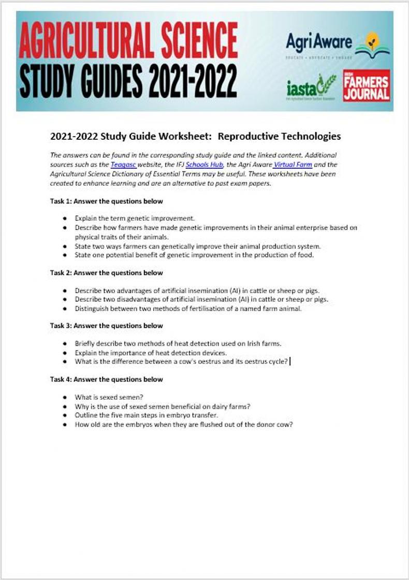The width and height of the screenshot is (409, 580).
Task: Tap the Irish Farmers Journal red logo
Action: [x=366, y=85]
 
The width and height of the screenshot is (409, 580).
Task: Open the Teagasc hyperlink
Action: [x=124, y=164]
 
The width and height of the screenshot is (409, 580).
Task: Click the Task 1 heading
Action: [x=106, y=201]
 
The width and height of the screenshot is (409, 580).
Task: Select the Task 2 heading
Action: [x=106, y=272]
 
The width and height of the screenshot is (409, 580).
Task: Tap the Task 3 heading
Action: [x=106, y=326]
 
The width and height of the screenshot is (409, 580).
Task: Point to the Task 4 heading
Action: [x=106, y=379]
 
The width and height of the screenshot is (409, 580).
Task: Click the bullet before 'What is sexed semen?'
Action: [x=65, y=398]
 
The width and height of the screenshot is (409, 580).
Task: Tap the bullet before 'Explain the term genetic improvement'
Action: [x=65, y=219]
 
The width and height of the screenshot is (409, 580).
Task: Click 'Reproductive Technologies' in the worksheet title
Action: [x=279, y=137]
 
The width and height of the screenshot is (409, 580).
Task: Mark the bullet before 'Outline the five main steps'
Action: [x=65, y=415]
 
